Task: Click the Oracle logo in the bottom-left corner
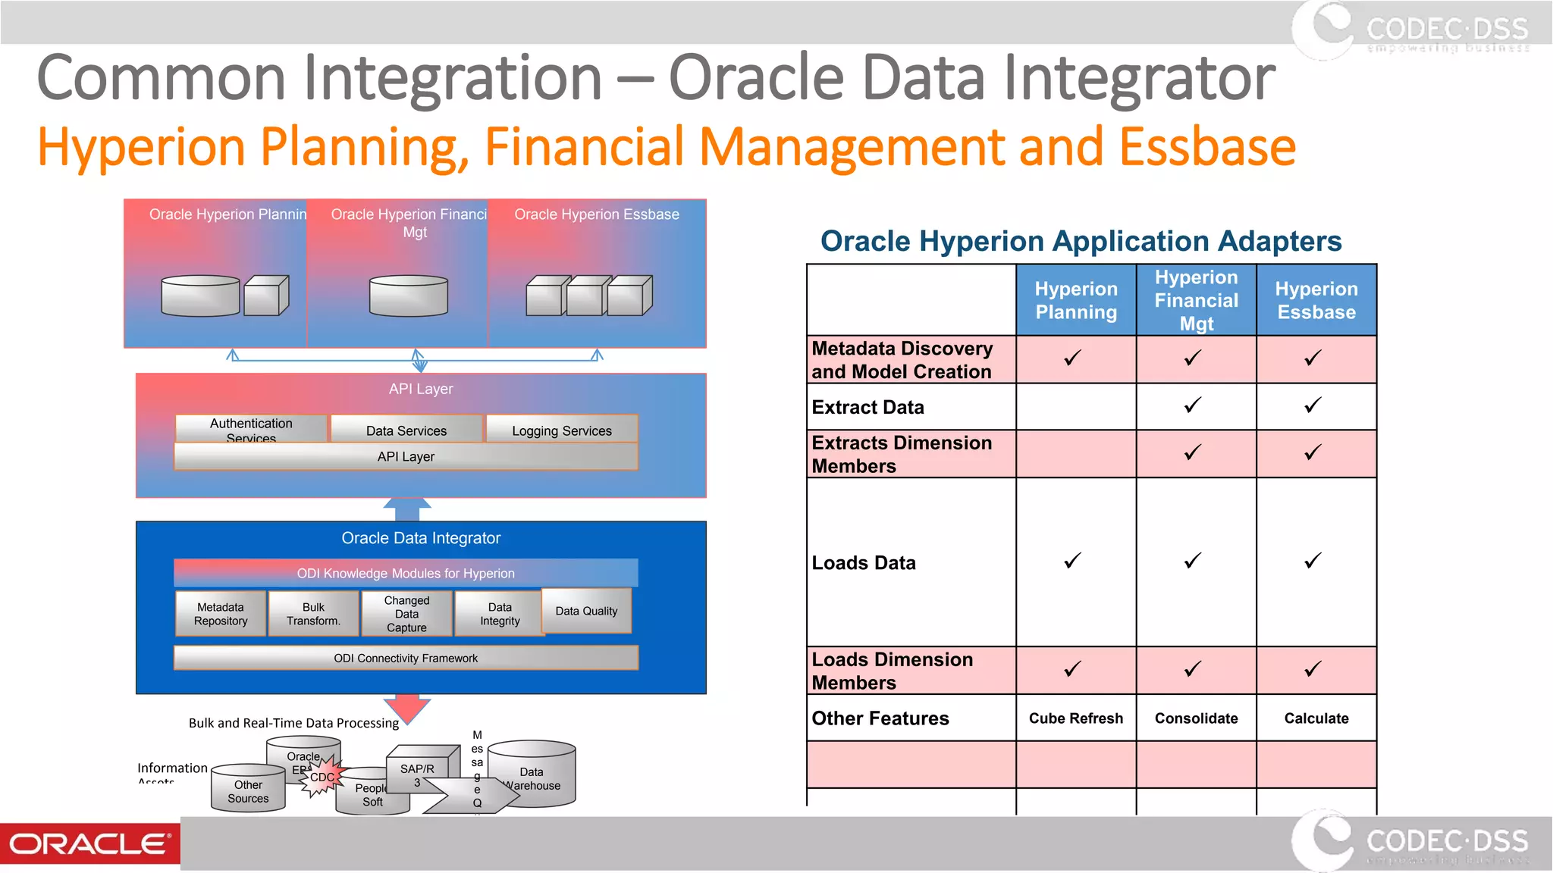click(89, 843)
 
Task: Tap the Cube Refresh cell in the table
click(1075, 718)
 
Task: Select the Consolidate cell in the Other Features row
click(1196, 718)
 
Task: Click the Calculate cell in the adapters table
click(1316, 718)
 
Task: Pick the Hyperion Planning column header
click(1075, 301)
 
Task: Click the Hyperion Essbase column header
click(1316, 301)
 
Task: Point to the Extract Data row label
click(867, 408)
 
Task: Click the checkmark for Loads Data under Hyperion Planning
click(1072, 561)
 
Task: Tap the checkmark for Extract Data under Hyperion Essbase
click(1313, 405)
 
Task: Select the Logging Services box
click(561, 430)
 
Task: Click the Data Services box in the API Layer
click(406, 430)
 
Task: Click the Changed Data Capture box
click(406, 614)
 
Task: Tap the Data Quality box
click(586, 611)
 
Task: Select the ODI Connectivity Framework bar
click(406, 658)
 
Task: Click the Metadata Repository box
click(221, 614)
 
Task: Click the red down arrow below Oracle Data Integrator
click(407, 708)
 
